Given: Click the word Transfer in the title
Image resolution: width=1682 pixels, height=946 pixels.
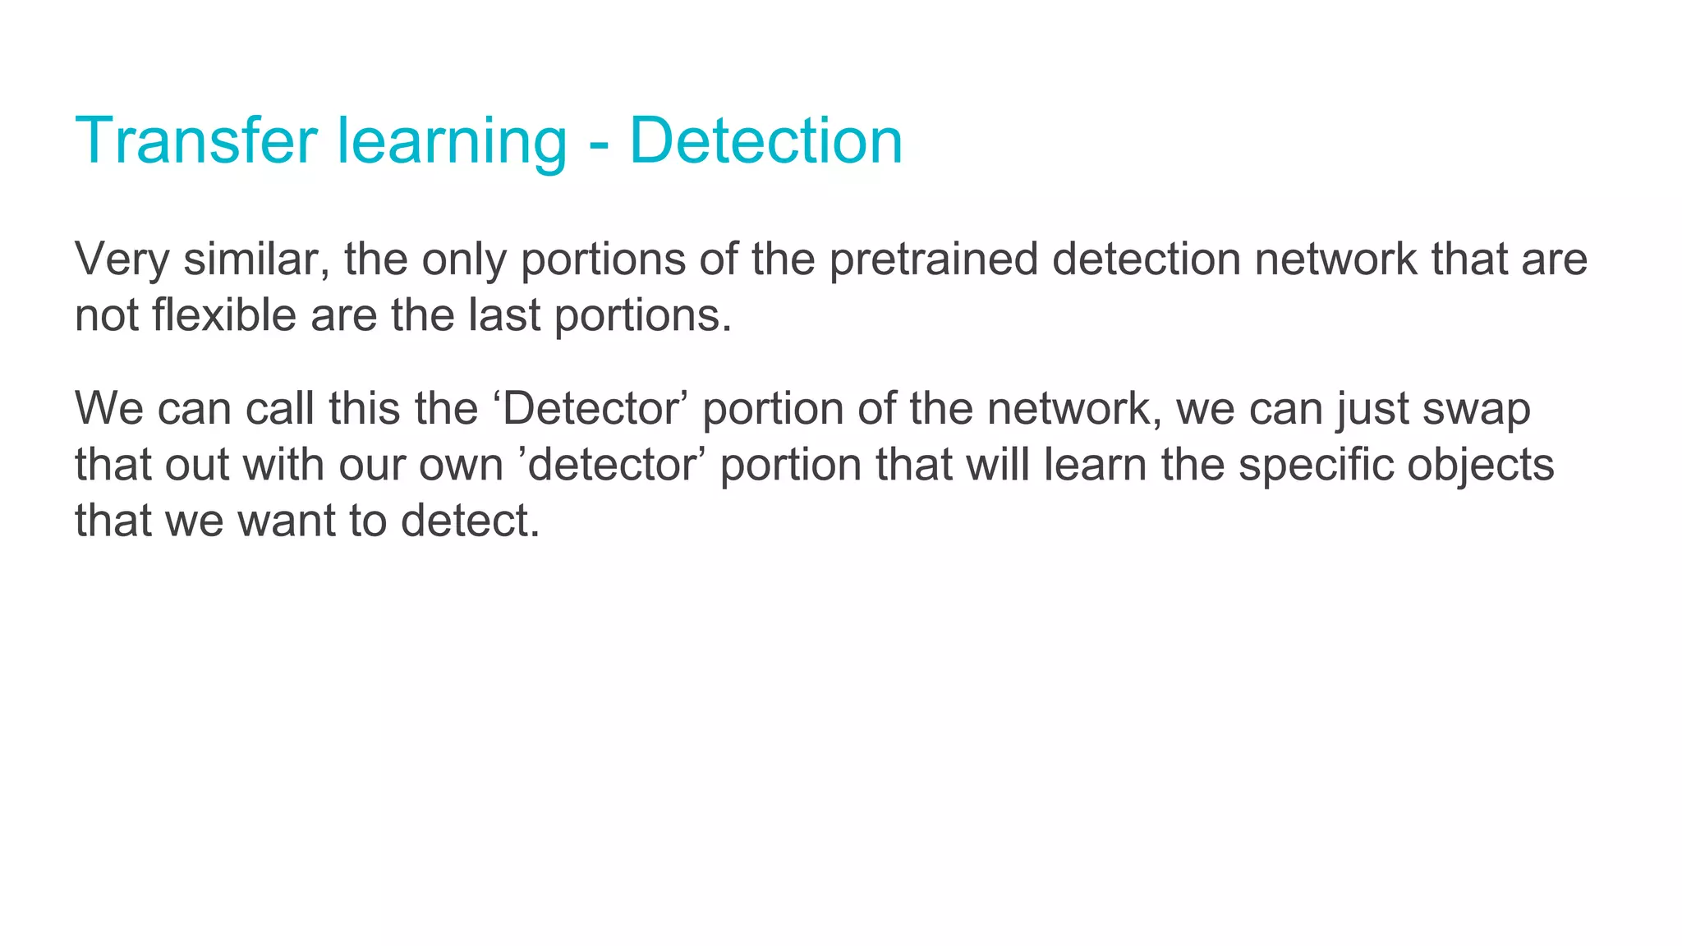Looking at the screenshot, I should coord(195,140).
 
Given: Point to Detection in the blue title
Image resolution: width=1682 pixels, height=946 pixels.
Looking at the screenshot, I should coord(765,140).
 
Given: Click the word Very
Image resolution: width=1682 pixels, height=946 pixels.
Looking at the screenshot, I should coord(122,259).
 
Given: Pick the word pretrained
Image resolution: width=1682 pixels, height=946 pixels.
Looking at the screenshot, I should coord(933,259).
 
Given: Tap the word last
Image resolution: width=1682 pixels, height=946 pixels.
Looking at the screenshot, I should coord(504,315).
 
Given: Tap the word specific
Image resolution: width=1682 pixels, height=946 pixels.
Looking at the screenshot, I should coord(1316,465).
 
